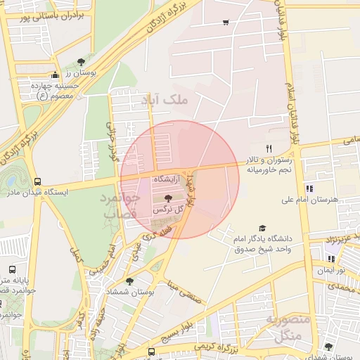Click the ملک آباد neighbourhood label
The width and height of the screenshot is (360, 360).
coord(165,101)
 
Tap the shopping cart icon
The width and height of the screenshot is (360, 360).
coord(225,22)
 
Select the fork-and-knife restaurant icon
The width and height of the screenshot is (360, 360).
coord(268,148)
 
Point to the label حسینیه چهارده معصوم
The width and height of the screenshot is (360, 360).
coord(54,90)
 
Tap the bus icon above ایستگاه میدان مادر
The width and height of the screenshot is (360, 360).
coord(37,181)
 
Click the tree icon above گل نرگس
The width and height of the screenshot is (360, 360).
coord(167,198)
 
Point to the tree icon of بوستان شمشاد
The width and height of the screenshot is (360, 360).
coord(129,281)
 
